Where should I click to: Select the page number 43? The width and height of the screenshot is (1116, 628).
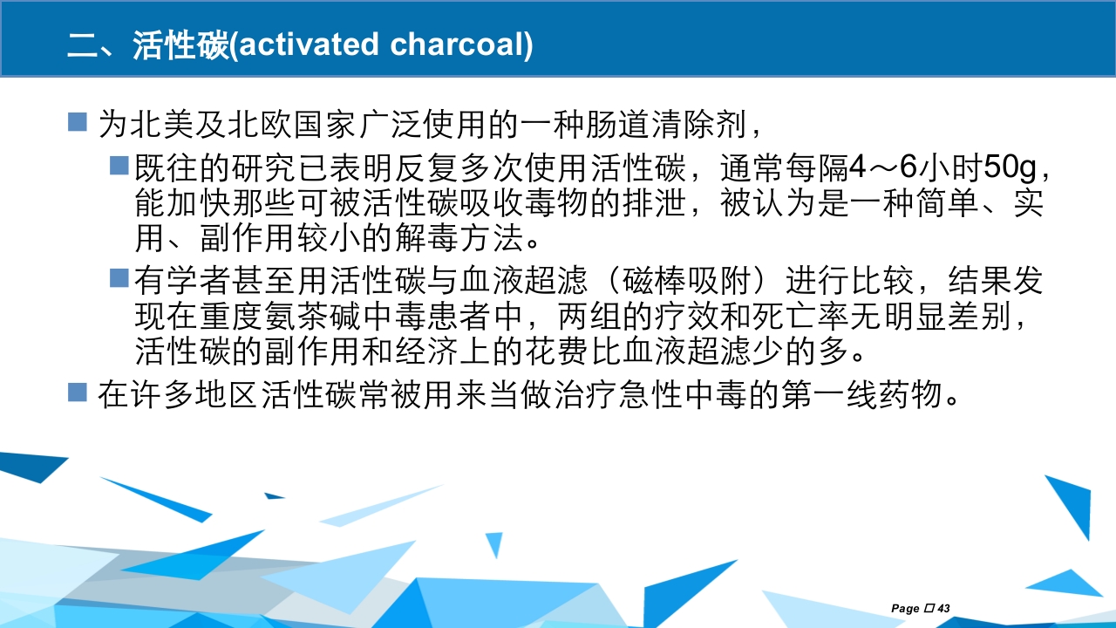pyautogui.click(x=943, y=608)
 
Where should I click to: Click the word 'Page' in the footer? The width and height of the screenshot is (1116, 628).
pyautogui.click(x=905, y=608)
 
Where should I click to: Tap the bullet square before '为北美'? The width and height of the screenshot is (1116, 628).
pyautogui.click(x=78, y=121)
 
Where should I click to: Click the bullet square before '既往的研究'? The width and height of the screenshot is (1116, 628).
pyautogui.click(x=119, y=164)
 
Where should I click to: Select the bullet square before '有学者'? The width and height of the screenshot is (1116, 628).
pyautogui.click(x=119, y=278)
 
